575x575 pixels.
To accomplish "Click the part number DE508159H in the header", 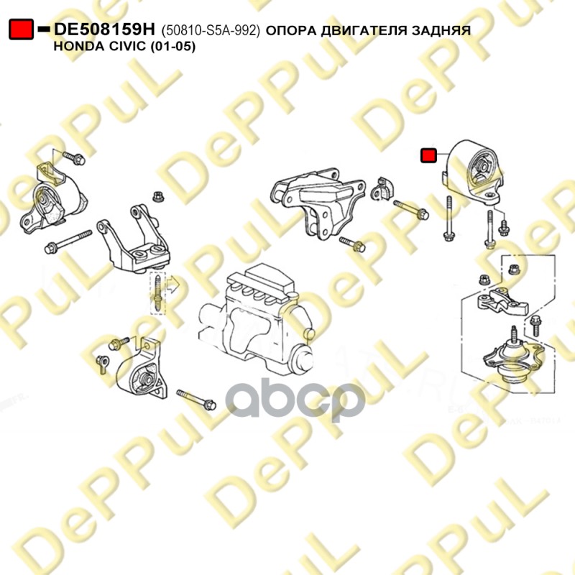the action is (x=104, y=29).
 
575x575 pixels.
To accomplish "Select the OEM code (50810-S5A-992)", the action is (x=211, y=30).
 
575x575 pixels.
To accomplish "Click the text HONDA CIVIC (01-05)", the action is (x=124, y=46).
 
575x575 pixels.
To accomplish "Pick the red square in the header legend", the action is (x=22, y=29).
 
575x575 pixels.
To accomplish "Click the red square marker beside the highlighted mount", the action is (x=428, y=155).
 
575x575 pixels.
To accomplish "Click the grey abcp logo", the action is (x=295, y=400).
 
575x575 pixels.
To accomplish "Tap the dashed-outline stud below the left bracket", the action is (x=157, y=293).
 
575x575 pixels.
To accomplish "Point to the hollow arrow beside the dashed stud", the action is (x=172, y=285).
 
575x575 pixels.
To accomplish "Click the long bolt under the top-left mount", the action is (x=68, y=241).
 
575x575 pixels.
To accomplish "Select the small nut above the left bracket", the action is (x=158, y=196).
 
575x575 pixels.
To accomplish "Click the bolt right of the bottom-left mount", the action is (x=196, y=400).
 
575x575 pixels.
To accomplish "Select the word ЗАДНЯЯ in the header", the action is (x=441, y=30).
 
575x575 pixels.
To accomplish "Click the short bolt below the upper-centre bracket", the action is (x=352, y=244).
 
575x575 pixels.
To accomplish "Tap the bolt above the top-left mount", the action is (x=74, y=158).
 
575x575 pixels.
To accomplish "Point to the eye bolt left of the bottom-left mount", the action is (x=102, y=364).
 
